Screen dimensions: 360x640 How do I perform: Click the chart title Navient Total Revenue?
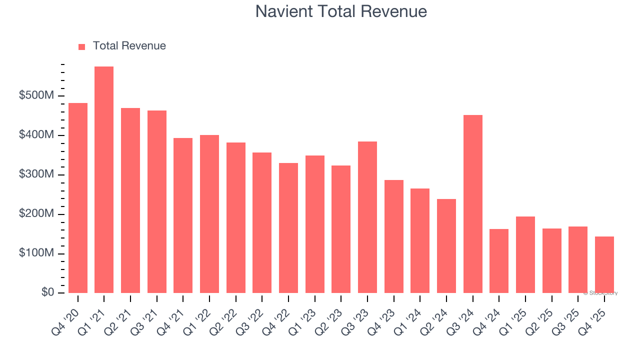(341, 11)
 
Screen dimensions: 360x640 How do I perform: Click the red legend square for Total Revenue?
(82, 46)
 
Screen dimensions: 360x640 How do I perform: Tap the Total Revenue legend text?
(129, 46)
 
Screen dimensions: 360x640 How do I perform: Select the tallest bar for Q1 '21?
(104, 180)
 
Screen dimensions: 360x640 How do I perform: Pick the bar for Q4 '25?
(604, 265)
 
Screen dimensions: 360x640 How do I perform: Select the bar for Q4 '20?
(78, 198)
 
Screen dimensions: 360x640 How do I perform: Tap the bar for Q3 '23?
(367, 217)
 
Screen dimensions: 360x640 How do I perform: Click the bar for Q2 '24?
(446, 246)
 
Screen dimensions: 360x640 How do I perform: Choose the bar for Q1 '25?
(525, 255)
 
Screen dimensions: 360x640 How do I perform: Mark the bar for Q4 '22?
(288, 228)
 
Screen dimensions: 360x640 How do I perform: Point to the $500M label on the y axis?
(36, 96)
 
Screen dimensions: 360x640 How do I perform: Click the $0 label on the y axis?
(47, 293)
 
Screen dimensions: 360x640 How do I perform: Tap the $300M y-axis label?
(36, 175)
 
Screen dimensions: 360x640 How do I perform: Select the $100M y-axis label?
(36, 254)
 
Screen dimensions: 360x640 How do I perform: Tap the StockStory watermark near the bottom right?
(600, 293)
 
